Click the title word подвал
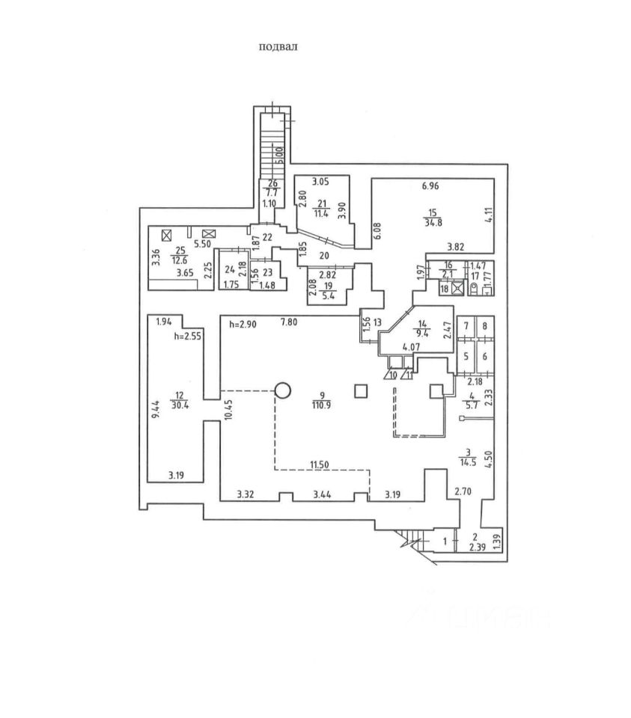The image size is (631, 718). pos(278,46)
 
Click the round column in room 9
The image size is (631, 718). pos(283,390)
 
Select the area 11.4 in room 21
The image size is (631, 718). pos(323,213)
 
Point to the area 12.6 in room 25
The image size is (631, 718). pos(179,260)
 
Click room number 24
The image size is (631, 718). pos(229,270)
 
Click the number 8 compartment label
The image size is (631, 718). pos(485,326)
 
